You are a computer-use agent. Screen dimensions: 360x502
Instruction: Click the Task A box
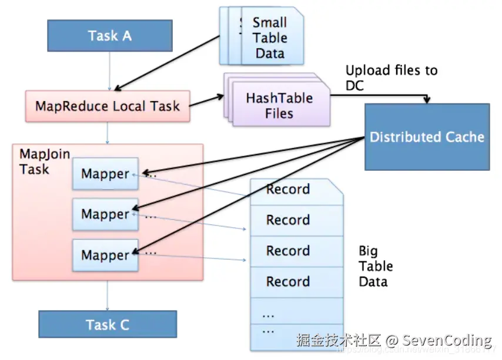109,35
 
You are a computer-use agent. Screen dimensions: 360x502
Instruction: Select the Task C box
108,325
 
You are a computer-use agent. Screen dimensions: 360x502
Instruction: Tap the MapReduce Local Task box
108,106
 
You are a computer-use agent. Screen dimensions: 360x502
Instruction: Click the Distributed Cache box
427,137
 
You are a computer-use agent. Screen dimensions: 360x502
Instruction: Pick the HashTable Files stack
279,105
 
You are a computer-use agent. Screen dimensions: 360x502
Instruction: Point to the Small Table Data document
270,38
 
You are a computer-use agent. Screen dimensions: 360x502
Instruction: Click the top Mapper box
105,174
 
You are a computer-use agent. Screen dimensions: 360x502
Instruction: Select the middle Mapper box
105,214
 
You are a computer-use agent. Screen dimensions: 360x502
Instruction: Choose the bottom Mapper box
105,255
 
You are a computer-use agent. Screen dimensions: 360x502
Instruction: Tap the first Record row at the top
288,190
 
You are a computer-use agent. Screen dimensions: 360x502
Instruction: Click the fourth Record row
288,282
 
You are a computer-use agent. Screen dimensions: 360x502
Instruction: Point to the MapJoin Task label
45,162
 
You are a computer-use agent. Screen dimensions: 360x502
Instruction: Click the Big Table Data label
376,266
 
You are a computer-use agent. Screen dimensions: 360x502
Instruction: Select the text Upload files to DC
391,78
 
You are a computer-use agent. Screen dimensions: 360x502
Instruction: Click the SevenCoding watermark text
447,340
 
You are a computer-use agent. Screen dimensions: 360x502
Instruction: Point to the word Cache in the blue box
462,137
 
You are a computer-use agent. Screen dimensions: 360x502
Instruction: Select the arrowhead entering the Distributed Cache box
427,102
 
